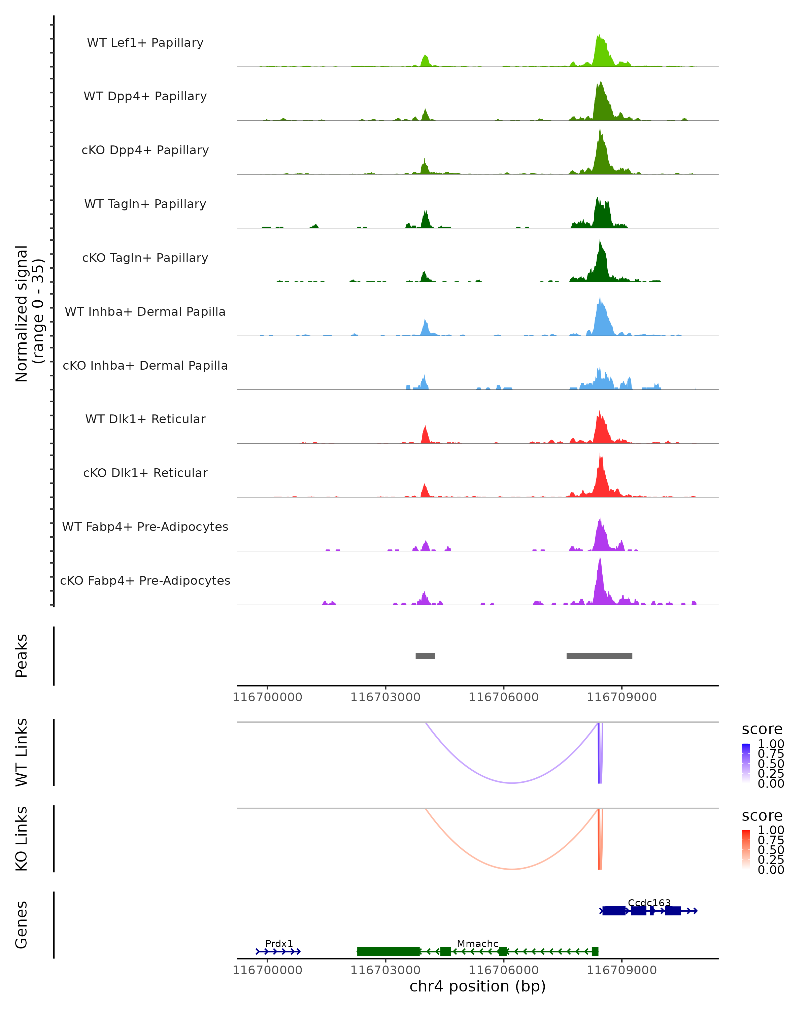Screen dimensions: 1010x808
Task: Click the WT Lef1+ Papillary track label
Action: pyautogui.click(x=145, y=43)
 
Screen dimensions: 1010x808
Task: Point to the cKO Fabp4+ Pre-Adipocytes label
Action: pyautogui.click(x=145, y=580)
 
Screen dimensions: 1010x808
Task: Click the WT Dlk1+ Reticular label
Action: pyautogui.click(x=145, y=419)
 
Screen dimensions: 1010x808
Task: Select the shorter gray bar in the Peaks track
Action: pyautogui.click(x=425, y=656)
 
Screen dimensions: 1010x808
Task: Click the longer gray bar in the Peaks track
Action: pyautogui.click(x=599, y=656)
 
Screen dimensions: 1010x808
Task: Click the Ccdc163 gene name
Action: pyautogui.click(x=649, y=903)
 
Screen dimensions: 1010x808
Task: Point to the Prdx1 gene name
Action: pyautogui.click(x=279, y=943)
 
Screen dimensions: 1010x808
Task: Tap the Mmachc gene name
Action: pyautogui.click(x=477, y=943)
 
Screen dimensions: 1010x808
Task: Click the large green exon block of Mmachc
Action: pyautogui.click(x=388, y=951)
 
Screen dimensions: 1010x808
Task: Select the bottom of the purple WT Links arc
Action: pyautogui.click(x=512, y=783)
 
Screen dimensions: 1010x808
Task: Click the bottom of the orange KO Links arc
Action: pyautogui.click(x=512, y=869)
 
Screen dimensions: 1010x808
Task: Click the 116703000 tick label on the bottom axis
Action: pyautogui.click(x=385, y=970)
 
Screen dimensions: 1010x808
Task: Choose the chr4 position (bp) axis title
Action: pyautogui.click(x=477, y=986)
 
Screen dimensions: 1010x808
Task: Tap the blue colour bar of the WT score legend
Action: pyautogui.click(x=746, y=763)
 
